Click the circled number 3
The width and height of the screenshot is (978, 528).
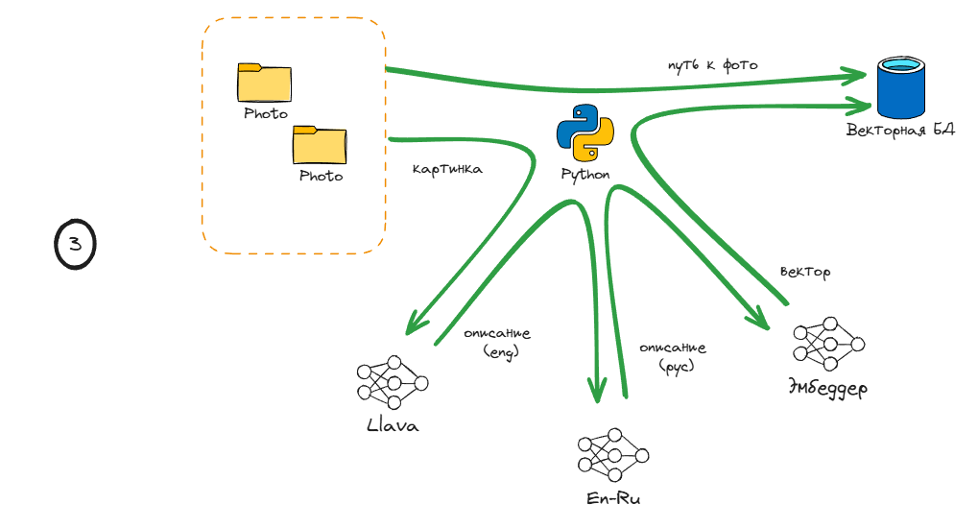[x=75, y=245]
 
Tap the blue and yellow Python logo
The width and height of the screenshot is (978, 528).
[x=585, y=132]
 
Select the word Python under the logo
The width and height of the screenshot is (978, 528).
[x=585, y=175]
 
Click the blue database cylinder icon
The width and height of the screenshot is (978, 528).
[x=902, y=88]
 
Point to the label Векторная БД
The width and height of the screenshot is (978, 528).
[x=900, y=130]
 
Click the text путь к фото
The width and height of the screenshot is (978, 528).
[x=713, y=65]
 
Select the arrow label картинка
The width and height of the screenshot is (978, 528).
[x=447, y=169]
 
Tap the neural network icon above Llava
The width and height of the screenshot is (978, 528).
[x=392, y=382]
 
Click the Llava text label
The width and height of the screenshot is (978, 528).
[x=393, y=425]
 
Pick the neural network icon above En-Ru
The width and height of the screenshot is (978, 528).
[x=613, y=455]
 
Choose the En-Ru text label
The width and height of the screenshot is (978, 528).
[x=613, y=499]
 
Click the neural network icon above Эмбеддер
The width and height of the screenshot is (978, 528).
[x=828, y=344]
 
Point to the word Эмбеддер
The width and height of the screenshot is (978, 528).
[x=828, y=389]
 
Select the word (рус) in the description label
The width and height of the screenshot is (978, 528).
[x=677, y=366]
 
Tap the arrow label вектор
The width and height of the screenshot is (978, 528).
[x=804, y=273]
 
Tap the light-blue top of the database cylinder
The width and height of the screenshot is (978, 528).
[x=902, y=66]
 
